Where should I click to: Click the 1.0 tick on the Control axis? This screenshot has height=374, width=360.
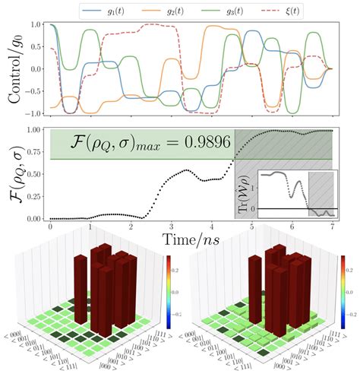[x=35, y=26]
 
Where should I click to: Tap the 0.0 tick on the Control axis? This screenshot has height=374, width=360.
[x=35, y=68]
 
